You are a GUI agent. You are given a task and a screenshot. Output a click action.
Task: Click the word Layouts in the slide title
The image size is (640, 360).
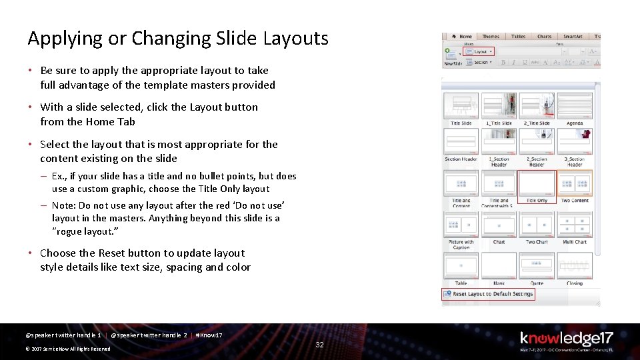click(x=293, y=39)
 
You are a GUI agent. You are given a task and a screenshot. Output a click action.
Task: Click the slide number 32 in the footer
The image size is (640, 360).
click(x=319, y=345)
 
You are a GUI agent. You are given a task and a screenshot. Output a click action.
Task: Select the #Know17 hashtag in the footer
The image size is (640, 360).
click(x=209, y=335)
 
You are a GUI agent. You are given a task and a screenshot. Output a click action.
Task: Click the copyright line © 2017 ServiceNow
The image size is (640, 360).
click(x=67, y=349)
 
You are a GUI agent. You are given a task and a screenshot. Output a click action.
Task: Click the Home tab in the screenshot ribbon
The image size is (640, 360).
click(x=465, y=37)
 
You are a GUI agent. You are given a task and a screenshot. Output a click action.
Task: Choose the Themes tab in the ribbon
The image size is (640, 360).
click(x=491, y=37)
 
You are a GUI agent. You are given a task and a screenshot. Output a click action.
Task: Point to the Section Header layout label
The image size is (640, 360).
click(x=461, y=159)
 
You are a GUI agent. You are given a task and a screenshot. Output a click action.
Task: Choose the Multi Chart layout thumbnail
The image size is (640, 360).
click(x=575, y=225)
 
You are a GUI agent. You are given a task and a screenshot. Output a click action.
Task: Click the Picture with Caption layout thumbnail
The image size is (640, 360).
click(x=461, y=225)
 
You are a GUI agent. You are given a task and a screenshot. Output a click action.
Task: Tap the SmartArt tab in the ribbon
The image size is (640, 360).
click(x=572, y=37)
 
